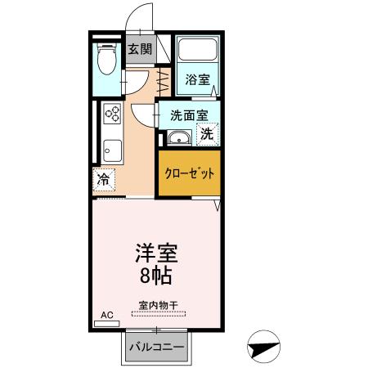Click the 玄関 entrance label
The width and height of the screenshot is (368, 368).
(x=140, y=49)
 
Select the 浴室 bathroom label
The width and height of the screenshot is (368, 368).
(x=197, y=79)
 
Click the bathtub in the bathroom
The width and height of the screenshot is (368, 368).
(x=198, y=52)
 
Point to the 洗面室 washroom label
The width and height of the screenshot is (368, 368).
(x=189, y=116)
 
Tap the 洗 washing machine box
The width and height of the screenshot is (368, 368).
(x=208, y=134)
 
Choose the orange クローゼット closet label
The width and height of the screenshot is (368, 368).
(x=189, y=174)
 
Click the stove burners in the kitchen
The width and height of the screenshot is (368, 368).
(x=112, y=115)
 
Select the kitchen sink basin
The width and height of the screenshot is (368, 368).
(x=112, y=151)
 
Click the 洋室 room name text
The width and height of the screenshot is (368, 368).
(x=155, y=253)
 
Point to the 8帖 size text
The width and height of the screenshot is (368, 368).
(x=155, y=275)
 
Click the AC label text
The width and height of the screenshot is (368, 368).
(x=107, y=314)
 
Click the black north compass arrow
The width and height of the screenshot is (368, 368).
(x=263, y=347)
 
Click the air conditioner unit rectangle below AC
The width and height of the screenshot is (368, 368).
(x=107, y=323)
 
